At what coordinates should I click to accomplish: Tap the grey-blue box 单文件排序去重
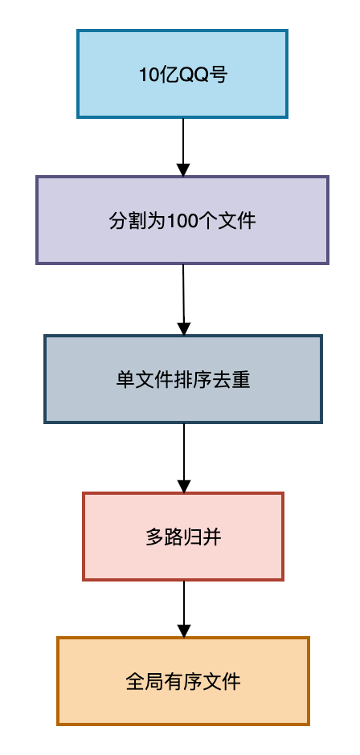tap(183, 401)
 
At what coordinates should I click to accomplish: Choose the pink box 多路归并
tap(183, 557)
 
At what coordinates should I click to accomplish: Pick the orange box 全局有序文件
tap(183, 704)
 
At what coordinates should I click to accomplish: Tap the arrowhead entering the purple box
tap(183, 169)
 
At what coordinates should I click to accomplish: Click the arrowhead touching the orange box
tap(184, 631)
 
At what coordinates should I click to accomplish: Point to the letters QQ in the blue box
tap(188, 75)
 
